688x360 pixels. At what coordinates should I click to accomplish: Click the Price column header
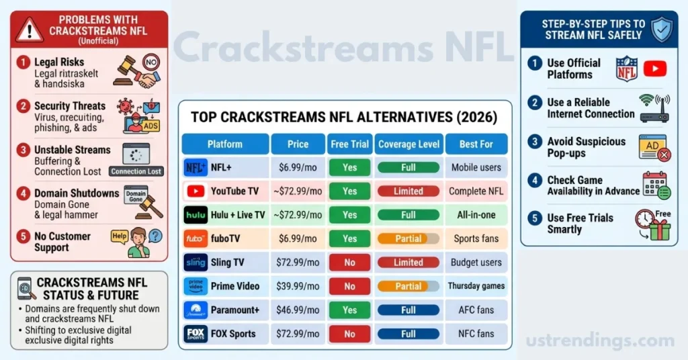click(298, 144)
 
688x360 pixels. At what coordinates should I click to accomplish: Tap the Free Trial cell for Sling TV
click(349, 262)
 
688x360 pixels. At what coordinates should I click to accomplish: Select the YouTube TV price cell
click(298, 191)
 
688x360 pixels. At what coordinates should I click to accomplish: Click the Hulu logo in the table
click(195, 215)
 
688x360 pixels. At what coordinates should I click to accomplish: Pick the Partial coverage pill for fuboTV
click(408, 238)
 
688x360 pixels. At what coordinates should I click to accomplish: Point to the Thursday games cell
click(476, 286)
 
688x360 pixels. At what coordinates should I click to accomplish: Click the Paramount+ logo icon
click(195, 310)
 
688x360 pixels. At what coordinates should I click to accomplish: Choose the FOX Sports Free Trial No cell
click(349, 334)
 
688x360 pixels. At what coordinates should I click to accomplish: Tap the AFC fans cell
click(476, 310)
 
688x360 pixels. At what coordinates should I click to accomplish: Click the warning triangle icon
click(30, 30)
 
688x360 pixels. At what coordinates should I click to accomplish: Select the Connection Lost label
click(136, 171)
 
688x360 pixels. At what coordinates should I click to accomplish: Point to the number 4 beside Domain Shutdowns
click(24, 193)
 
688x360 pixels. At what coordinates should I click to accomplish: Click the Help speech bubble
click(119, 236)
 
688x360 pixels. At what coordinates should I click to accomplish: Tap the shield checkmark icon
click(662, 29)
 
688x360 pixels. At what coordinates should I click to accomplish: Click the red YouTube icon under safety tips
click(654, 69)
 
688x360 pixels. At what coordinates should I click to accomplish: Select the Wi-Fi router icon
click(654, 109)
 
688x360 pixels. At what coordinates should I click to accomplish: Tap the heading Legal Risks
click(59, 62)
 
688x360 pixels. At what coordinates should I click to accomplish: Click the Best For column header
click(476, 144)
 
